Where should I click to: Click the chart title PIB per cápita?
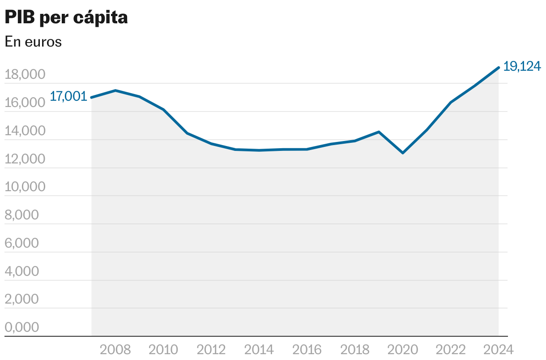click(x=66, y=18)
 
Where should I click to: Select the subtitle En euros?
click(x=33, y=42)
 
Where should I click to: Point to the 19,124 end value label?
click(x=522, y=66)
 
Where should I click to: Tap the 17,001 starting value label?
click(x=68, y=96)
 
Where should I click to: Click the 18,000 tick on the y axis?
click(x=25, y=75)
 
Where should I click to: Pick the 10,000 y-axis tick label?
click(x=25, y=187)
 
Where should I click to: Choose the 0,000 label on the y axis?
click(x=22, y=327)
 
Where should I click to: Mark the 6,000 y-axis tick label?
click(x=22, y=243)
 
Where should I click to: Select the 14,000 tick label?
click(x=25, y=131)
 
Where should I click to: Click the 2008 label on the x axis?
click(x=115, y=349)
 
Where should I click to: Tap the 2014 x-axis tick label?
click(x=260, y=349)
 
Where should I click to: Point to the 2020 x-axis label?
click(x=403, y=349)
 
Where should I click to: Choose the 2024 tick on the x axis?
click(x=498, y=349)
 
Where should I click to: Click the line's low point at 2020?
click(x=403, y=153)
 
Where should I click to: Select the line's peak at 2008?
click(x=115, y=90)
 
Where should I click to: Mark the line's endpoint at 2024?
click(x=499, y=68)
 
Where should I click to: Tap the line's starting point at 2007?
click(x=92, y=97)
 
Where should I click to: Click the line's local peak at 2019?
click(x=379, y=132)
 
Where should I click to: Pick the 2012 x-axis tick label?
click(x=212, y=349)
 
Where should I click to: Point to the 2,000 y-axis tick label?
click(x=22, y=299)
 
